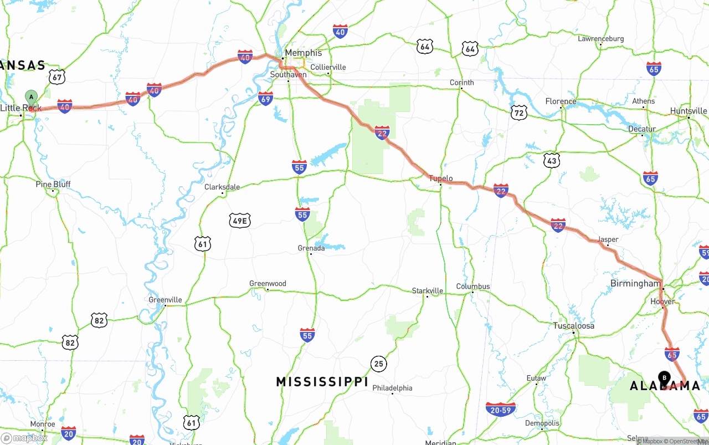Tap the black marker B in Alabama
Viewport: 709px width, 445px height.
point(664,378)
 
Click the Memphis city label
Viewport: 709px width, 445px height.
point(303,53)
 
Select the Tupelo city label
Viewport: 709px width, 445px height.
point(441,178)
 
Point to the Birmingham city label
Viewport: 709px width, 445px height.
point(635,283)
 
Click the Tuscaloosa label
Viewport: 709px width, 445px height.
point(574,325)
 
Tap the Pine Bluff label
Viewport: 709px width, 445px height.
point(53,184)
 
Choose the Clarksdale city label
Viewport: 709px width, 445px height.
point(222,187)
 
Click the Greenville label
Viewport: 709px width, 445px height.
point(165,300)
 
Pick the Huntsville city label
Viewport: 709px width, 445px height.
point(689,111)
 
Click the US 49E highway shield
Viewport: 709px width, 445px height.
point(240,221)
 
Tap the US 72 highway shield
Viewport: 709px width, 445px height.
point(518,112)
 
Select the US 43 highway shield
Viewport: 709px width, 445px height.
point(552,161)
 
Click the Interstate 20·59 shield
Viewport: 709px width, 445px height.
point(500,410)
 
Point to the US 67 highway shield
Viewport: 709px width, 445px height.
point(56,76)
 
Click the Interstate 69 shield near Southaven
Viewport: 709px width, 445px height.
point(265,99)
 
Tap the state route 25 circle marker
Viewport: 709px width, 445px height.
point(379,364)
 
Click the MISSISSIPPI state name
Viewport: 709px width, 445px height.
point(322,382)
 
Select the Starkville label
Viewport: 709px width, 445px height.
point(428,290)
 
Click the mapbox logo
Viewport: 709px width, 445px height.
point(24,438)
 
